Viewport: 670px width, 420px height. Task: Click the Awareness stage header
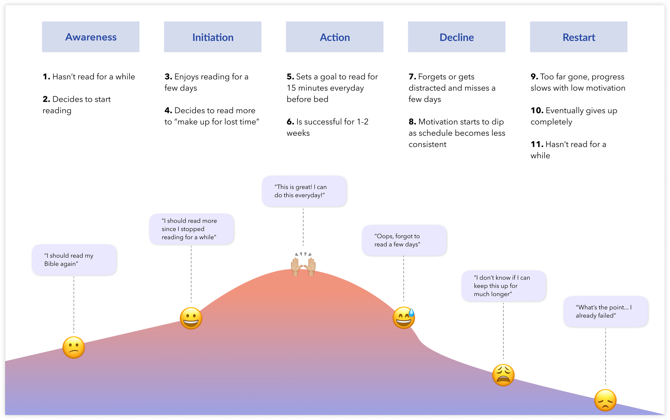click(x=91, y=37)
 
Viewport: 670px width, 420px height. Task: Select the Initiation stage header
click(x=213, y=37)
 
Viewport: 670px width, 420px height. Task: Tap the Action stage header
click(x=334, y=37)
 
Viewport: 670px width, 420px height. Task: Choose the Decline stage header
click(x=457, y=37)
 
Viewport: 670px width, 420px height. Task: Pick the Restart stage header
click(x=579, y=37)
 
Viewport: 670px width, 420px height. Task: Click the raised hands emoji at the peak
click(x=303, y=265)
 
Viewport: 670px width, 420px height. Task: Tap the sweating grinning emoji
click(x=404, y=318)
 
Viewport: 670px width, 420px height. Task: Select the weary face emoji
click(x=503, y=375)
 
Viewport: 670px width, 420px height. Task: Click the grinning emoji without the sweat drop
click(x=191, y=318)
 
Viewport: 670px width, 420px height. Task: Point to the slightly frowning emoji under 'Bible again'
click(x=74, y=347)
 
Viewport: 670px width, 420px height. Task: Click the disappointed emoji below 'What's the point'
click(x=605, y=400)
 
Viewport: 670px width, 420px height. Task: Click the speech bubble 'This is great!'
click(x=304, y=191)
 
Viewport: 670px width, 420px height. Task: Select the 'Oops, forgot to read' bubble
click(x=404, y=240)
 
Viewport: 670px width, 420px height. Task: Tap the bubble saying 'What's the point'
click(x=606, y=312)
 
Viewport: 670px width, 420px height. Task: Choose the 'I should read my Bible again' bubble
click(x=74, y=260)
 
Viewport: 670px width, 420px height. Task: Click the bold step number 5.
click(x=291, y=77)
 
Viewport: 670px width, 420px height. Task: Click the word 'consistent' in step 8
click(x=427, y=144)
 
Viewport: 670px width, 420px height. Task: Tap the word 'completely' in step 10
click(x=551, y=122)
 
